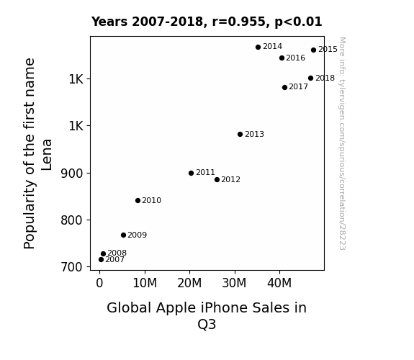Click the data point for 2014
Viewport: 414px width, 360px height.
pos(258,48)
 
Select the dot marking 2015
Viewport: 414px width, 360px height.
pos(313,50)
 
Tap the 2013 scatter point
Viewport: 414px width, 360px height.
pos(240,135)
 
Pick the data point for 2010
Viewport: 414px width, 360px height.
pos(138,201)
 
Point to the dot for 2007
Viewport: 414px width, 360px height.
pos(101,260)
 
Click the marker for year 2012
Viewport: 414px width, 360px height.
pos(217,179)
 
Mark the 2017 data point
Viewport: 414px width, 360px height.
pos(284,87)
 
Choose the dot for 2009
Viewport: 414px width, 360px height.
pos(123,235)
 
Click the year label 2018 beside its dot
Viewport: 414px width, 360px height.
pos(325,78)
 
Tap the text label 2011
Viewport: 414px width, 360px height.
pos(205,173)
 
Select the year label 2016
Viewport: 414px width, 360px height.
pos(295,58)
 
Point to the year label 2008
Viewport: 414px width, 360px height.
pos(117,253)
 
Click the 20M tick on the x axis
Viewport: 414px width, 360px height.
pos(189,284)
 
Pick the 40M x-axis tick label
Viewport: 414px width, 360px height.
pos(279,284)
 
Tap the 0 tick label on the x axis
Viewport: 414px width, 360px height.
pos(99,284)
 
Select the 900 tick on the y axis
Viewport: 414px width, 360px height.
pos(72,174)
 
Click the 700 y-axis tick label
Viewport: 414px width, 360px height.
pos(72,267)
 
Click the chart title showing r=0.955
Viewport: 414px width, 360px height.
pos(207,22)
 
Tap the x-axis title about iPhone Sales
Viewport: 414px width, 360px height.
pos(207,315)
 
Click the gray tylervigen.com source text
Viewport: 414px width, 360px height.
pos(342,143)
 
